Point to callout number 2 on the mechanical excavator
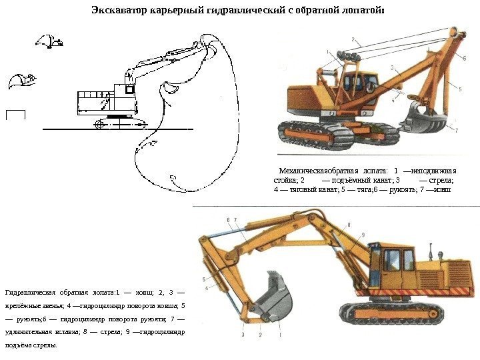[353, 39]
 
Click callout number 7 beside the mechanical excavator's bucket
[457, 131]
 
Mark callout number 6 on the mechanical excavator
[464, 58]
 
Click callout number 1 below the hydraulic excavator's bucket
[281, 335]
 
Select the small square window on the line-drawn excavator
[131, 89]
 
